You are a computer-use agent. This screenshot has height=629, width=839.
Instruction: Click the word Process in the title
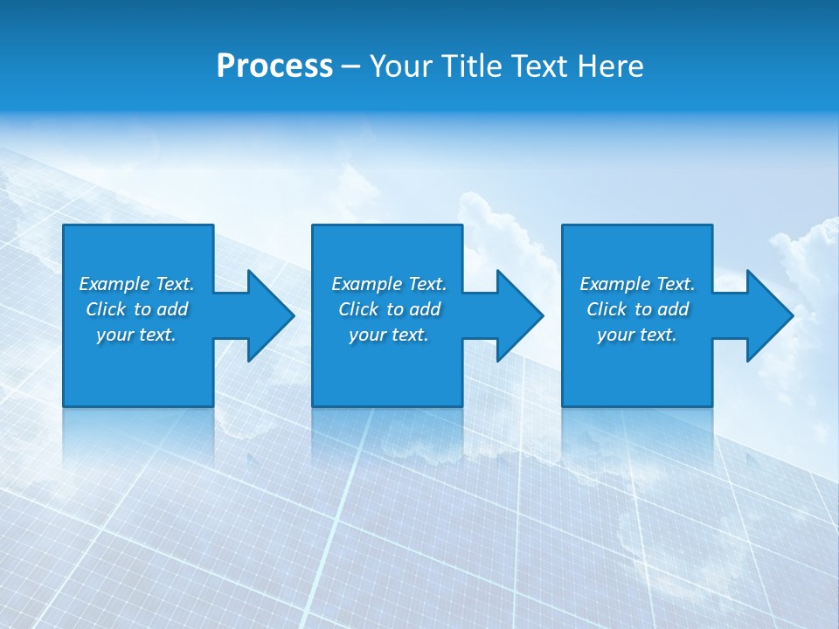click(x=274, y=66)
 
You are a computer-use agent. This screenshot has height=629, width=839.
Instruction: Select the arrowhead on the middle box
click(x=518, y=315)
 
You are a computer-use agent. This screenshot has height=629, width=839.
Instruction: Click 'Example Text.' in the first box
click(x=136, y=284)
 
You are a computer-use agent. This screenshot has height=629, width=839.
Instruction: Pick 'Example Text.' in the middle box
click(x=389, y=284)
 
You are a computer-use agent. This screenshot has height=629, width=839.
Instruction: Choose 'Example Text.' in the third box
click(x=637, y=284)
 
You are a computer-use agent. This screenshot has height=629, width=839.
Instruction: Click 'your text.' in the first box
click(x=136, y=335)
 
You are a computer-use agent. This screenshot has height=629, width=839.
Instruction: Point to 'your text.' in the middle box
click(x=389, y=335)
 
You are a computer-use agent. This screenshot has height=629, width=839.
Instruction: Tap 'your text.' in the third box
click(x=637, y=335)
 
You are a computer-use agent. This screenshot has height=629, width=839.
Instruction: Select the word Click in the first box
click(x=106, y=309)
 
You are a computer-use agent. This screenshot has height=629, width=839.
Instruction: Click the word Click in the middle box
click(x=358, y=309)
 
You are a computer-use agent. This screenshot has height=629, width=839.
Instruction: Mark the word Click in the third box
click(x=607, y=309)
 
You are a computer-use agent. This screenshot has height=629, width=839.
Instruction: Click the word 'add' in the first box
click(x=172, y=309)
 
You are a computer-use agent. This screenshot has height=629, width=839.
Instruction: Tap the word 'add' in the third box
click(x=673, y=309)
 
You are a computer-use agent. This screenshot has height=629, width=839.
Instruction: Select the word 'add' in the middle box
click(x=425, y=309)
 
